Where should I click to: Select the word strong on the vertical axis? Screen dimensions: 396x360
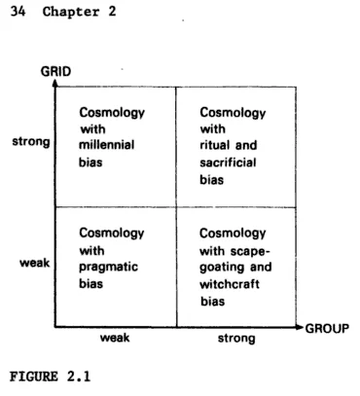[30, 142]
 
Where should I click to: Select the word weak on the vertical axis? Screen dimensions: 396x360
[35, 263]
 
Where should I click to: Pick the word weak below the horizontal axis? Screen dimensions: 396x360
[114, 339]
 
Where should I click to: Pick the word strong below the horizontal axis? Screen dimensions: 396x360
[236, 339]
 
